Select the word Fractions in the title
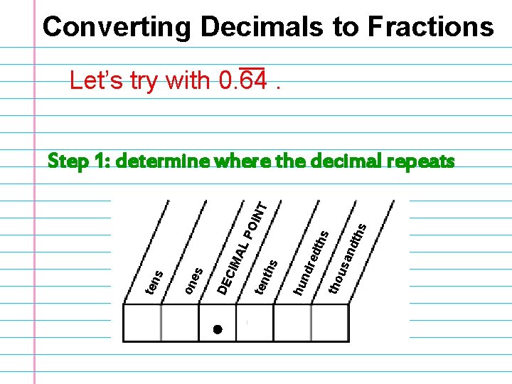pyautogui.click(x=430, y=27)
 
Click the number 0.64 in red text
pyautogui.click(x=244, y=82)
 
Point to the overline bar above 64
pyautogui.click(x=252, y=69)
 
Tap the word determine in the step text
pyautogui.click(x=163, y=162)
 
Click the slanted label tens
pyautogui.click(x=154, y=282)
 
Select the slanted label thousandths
pyautogui.click(x=348, y=257)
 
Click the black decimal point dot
pyautogui.click(x=218, y=329)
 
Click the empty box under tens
pyautogui.click(x=142, y=323)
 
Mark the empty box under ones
pyautogui.click(x=180, y=323)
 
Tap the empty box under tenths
pyautogui.click(x=255, y=323)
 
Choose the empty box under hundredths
pyautogui.click(x=292, y=323)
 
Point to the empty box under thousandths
pyautogui.click(x=330, y=323)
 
